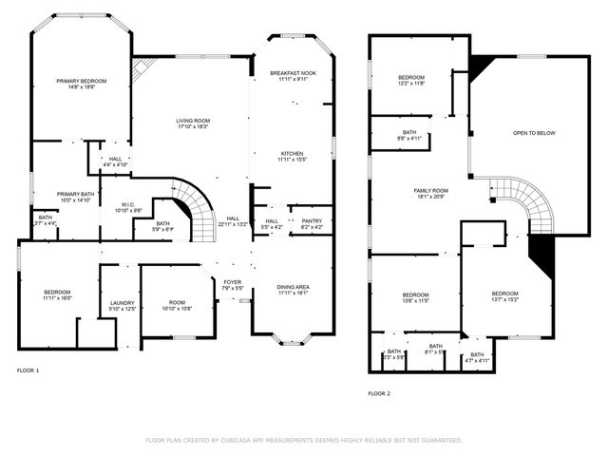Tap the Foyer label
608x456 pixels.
(232, 284)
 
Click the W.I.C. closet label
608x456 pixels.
(127, 206)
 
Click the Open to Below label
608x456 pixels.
(534, 133)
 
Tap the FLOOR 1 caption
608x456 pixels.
(28, 370)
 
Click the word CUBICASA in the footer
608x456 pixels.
(245, 441)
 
